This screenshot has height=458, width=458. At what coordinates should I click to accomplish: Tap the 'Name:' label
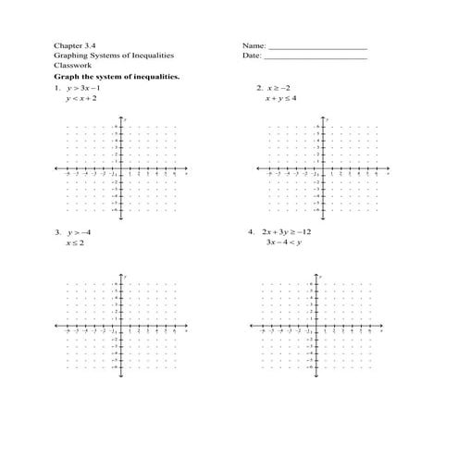[x=254, y=45]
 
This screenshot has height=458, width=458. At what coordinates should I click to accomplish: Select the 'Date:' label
[x=254, y=56]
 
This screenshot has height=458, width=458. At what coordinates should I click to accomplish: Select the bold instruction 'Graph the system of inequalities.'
[x=117, y=77]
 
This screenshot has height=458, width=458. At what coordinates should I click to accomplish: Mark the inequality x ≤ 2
[x=74, y=242]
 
